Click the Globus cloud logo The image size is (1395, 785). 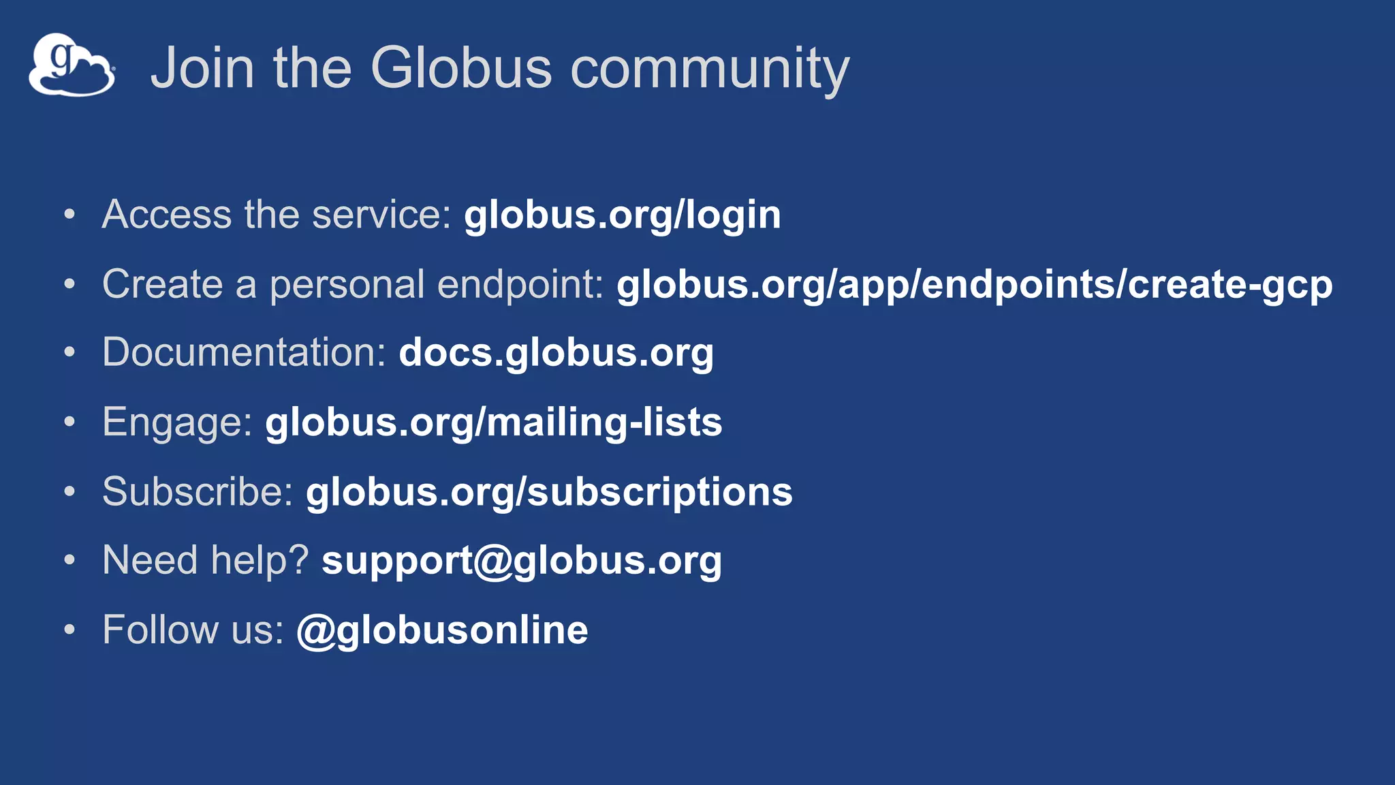coord(72,65)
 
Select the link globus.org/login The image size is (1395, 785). coord(622,215)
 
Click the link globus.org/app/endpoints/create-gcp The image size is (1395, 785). coord(974,285)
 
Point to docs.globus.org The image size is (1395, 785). coord(556,353)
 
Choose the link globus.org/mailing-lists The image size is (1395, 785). coord(493,422)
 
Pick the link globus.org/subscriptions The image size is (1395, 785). coord(549,492)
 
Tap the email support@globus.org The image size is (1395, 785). coord(521,561)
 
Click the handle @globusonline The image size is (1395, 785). coord(442,630)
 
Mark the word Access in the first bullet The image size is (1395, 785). coord(167,215)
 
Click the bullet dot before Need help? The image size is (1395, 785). coord(69,560)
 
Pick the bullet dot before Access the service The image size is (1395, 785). coord(69,215)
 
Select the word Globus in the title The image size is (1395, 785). coord(461,68)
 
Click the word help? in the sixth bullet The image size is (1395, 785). coord(260,561)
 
